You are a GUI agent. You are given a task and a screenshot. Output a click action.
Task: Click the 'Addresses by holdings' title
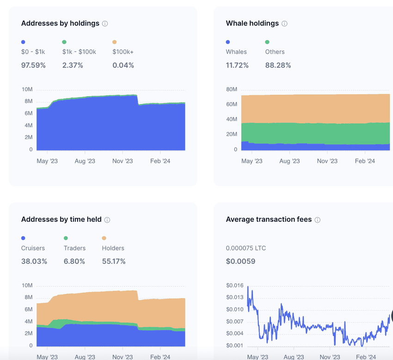pos(60,23)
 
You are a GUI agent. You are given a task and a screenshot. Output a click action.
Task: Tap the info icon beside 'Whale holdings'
pos(284,24)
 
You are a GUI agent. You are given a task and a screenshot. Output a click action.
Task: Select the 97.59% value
pos(33,65)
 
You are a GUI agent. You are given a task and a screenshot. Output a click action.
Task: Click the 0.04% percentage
pos(123,65)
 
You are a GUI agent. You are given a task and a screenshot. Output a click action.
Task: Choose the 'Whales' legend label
pos(236,52)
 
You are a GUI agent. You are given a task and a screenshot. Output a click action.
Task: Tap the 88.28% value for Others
pos(278,65)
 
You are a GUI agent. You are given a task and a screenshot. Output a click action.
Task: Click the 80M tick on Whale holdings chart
pos(231,89)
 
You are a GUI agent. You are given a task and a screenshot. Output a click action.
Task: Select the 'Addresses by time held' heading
pos(61,220)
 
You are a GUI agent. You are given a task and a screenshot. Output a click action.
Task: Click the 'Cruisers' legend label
pos(33,248)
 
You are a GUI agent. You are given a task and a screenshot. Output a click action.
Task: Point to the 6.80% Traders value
pos(74,261)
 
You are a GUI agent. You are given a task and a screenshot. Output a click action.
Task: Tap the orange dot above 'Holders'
pos(104,238)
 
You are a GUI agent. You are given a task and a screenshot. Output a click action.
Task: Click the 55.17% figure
pos(114,261)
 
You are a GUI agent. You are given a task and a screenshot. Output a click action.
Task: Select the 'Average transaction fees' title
pos(269,220)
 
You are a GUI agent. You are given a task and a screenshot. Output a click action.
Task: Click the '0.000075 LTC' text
pos(246,248)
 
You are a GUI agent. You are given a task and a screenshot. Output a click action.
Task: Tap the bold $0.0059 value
pos(240,261)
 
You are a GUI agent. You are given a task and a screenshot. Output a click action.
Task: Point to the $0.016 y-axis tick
pos(235,286)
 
